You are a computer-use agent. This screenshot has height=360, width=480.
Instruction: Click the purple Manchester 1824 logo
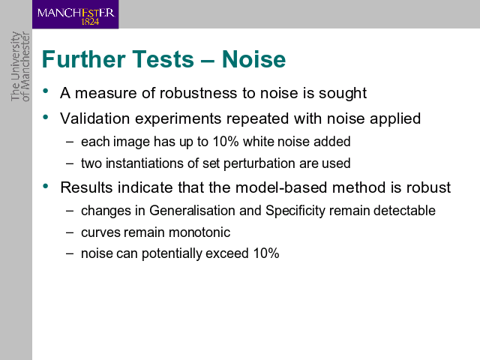pyautogui.click(x=75, y=14)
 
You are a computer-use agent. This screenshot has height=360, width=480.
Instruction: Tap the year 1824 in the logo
pyautogui.click(x=90, y=22)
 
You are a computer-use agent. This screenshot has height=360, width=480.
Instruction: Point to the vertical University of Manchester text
pyautogui.click(x=20, y=66)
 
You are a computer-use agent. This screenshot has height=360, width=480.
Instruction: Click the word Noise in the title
pyautogui.click(x=253, y=59)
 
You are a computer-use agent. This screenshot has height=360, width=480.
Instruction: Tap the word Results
pyautogui.click(x=86, y=187)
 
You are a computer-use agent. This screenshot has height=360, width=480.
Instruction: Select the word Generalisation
pyautogui.click(x=192, y=211)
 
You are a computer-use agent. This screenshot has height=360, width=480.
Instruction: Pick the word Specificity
pyautogui.click(x=295, y=211)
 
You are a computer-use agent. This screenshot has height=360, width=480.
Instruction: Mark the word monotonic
pyautogui.click(x=199, y=232)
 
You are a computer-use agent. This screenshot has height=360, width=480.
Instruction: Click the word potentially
pyautogui.click(x=172, y=254)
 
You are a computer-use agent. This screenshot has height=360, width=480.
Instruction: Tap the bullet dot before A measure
pyautogui.click(x=46, y=91)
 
